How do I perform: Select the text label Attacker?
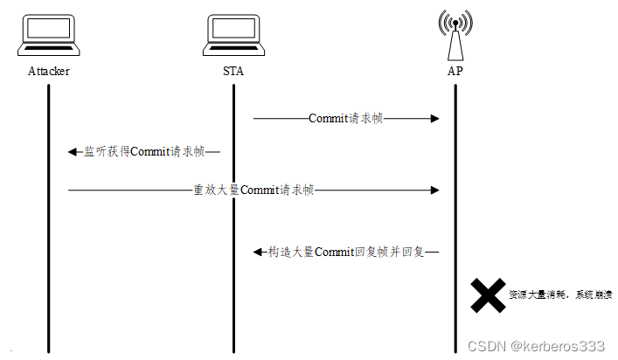pyautogui.click(x=49, y=72)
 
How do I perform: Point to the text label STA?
pyautogui.click(x=233, y=72)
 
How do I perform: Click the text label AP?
pyautogui.click(x=455, y=72)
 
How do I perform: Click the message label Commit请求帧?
pyautogui.click(x=345, y=118)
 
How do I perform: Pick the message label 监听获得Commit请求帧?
pyautogui.click(x=144, y=151)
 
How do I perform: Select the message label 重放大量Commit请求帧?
pyautogui.click(x=253, y=190)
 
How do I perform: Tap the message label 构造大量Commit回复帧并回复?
pyautogui.click(x=346, y=252)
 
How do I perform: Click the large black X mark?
pyautogui.click(x=487, y=295)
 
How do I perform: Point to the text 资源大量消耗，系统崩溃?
pyautogui.click(x=559, y=295)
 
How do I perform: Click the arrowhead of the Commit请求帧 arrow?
pyautogui.click(x=434, y=118)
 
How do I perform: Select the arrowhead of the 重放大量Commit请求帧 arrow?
pyautogui.click(x=434, y=190)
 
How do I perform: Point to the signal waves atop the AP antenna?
pyautogui.click(x=455, y=22)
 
